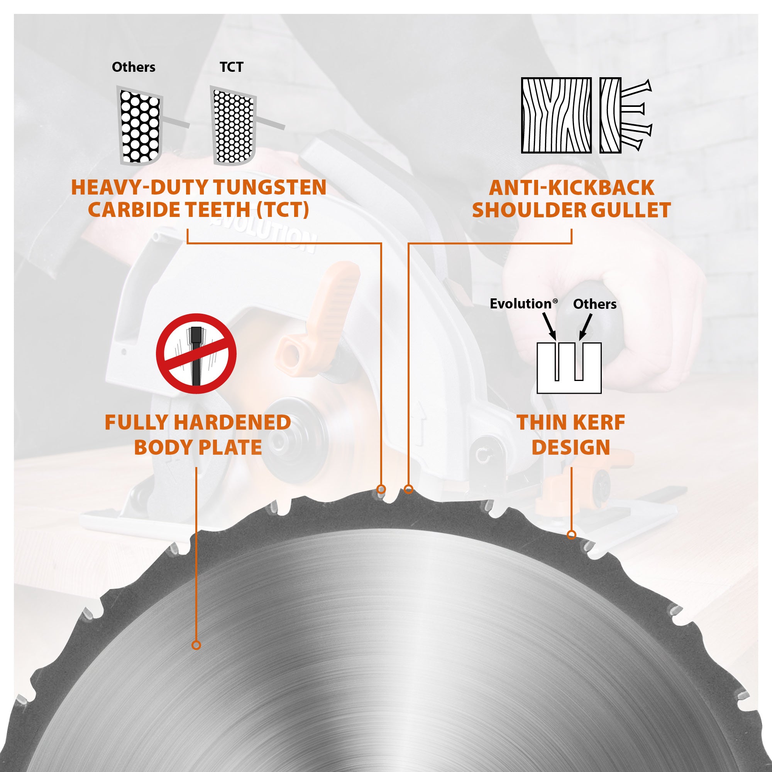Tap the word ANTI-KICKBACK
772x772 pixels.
[x=571, y=188]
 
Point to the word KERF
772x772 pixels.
[x=598, y=422]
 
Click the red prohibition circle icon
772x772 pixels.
[x=196, y=354]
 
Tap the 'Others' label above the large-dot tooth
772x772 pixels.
[x=134, y=67]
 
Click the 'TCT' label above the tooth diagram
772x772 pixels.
[x=231, y=67]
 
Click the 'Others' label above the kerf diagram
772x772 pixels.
[x=594, y=304]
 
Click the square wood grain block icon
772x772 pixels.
[x=556, y=115]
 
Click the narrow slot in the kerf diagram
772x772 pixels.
[x=557, y=361]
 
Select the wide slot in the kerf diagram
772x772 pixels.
[x=579, y=361]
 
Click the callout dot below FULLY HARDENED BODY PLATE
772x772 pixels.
[x=196, y=645]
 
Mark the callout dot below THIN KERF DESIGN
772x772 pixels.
[x=571, y=535]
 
